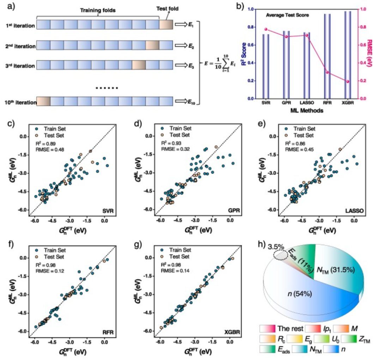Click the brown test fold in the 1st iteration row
tap(166, 25)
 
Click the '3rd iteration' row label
tap(18, 66)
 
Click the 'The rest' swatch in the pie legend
tap(267, 329)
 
